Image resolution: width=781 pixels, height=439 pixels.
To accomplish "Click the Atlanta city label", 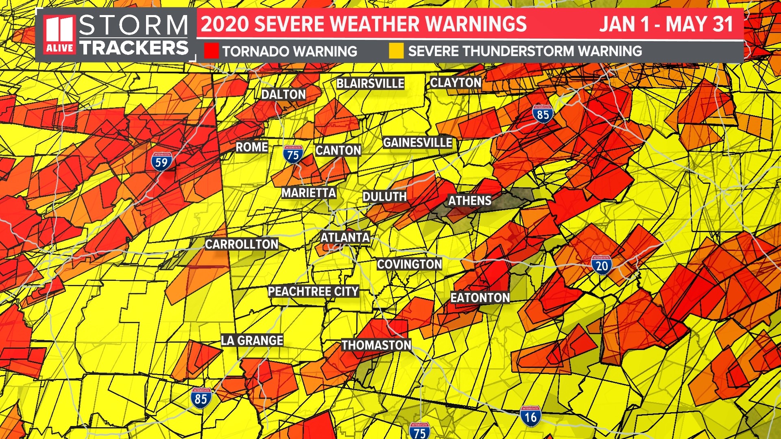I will (x=345, y=237).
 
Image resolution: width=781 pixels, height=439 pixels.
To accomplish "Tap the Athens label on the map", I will (x=469, y=200).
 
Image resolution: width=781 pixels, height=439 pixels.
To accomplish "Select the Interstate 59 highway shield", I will (x=161, y=161).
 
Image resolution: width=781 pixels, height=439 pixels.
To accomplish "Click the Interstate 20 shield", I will (x=601, y=265).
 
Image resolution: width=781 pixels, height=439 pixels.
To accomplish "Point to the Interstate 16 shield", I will (x=530, y=416).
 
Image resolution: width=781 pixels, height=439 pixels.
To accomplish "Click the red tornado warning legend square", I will (x=211, y=51).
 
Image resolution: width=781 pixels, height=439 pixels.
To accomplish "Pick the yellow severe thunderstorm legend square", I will (x=396, y=51).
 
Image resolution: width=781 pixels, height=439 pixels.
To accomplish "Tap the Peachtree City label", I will (x=313, y=291).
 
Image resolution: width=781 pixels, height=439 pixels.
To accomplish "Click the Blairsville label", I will (x=370, y=83).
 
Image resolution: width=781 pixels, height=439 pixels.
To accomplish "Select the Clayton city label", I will (x=456, y=83).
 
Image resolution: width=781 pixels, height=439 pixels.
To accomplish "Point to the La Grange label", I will (x=252, y=340).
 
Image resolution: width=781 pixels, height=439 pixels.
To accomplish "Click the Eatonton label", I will (x=480, y=298).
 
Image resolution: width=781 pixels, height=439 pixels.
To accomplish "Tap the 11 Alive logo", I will (x=60, y=35).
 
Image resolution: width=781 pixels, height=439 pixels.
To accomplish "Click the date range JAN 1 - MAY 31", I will (x=666, y=24).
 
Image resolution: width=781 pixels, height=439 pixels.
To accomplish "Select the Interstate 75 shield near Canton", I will (x=293, y=154).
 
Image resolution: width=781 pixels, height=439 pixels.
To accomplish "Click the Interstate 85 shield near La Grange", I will (x=201, y=398).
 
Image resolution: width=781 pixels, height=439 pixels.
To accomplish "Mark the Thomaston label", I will (x=376, y=345).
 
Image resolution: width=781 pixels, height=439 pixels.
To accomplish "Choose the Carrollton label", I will (x=242, y=244).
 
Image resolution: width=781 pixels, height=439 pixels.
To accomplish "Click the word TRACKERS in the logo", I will (x=134, y=48).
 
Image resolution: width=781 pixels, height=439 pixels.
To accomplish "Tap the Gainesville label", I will (x=417, y=143).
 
